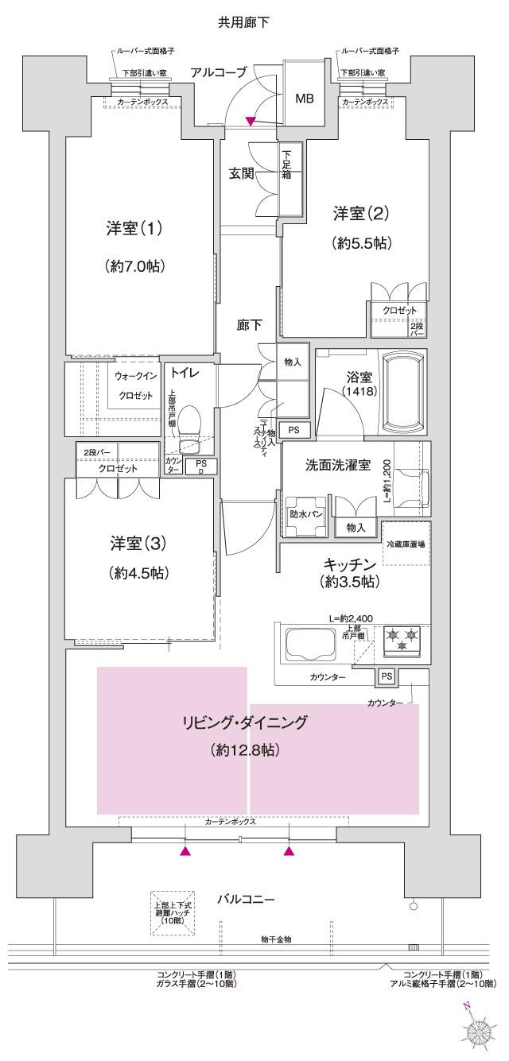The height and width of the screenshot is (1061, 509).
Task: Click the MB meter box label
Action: (304, 99)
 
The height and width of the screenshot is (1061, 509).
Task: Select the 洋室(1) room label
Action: (134, 229)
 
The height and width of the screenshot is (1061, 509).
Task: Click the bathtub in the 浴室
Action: (406, 389)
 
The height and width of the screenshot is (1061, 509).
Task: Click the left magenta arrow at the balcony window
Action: (185, 851)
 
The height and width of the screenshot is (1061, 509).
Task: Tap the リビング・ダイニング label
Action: (244, 722)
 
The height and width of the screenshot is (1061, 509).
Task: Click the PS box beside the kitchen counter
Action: (387, 676)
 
